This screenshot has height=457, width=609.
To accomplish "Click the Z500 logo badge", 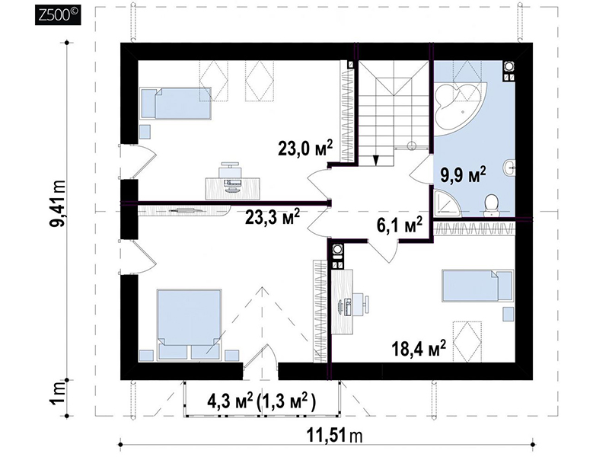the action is click(58, 14).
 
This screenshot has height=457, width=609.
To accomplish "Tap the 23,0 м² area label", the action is click(305, 148).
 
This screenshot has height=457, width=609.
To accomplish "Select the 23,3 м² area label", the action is click(273, 217).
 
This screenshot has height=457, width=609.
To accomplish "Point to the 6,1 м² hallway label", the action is click(400, 225).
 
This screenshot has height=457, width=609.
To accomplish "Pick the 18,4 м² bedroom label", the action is click(419, 349).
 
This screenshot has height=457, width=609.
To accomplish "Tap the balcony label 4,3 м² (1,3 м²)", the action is click(261, 401).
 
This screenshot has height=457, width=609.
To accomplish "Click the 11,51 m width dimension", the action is click(335, 435).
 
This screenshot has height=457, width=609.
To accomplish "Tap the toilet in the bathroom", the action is click(492, 206).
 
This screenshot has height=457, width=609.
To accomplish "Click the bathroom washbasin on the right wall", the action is click(509, 168).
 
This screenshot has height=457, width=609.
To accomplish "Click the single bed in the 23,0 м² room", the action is click(176, 103).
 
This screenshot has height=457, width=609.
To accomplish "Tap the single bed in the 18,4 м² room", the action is click(477, 286).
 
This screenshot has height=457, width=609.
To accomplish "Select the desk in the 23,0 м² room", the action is click(232, 188).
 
